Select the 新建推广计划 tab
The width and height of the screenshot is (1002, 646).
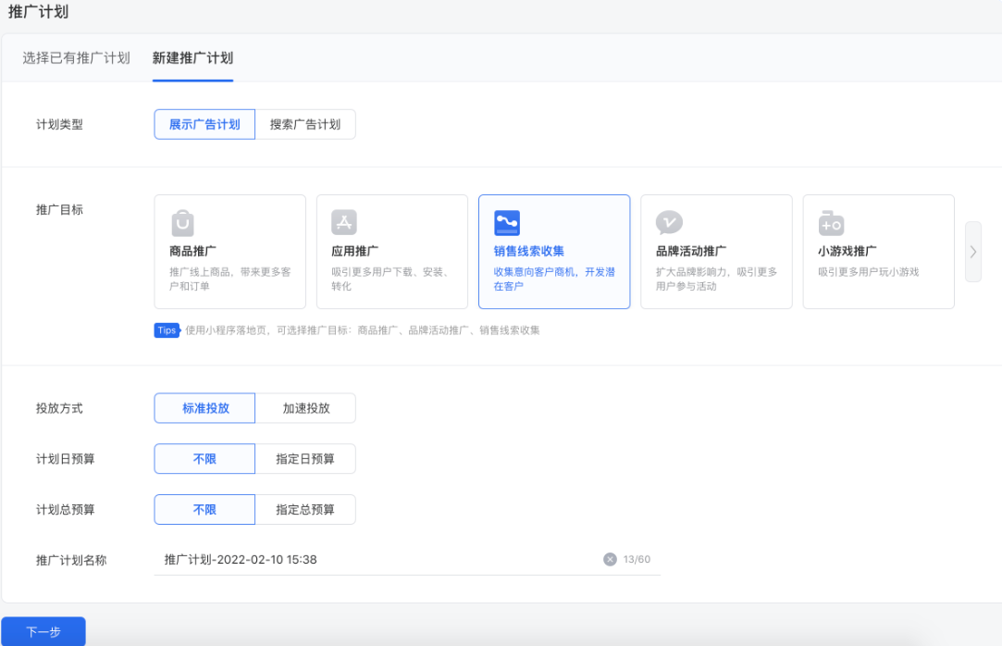192,58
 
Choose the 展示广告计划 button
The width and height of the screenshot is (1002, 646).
204,125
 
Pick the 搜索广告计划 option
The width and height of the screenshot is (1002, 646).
305,125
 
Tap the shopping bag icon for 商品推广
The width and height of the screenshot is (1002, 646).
183,223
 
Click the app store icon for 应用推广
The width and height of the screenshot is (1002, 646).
344,222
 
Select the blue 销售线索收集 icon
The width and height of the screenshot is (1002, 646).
507,223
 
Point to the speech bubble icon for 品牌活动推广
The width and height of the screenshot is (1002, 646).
669,223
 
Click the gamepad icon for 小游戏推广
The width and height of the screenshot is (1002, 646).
831,223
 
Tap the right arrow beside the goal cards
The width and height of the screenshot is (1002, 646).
972,252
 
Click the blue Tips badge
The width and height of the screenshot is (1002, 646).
166,330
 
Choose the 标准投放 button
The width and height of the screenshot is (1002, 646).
204,408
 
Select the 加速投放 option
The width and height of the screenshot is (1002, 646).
305,408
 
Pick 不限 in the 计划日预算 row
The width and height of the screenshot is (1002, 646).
204,459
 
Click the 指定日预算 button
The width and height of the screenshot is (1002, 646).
305,459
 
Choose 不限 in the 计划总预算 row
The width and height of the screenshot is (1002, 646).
204,510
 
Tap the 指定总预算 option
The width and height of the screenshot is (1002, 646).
305,510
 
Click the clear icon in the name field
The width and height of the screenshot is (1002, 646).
610,559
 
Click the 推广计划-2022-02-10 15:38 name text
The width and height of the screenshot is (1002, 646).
241,560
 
